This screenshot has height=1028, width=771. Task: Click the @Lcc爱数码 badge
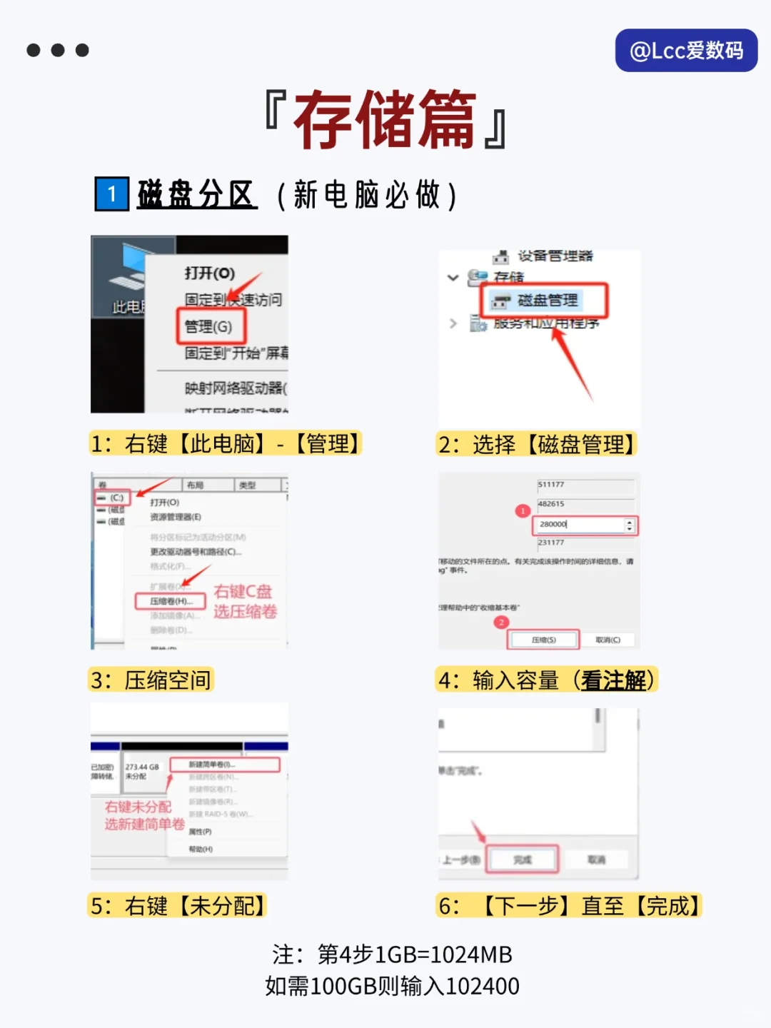pos(686,50)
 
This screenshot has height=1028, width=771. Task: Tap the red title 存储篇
pos(385,119)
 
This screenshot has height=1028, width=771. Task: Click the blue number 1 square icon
pos(111,194)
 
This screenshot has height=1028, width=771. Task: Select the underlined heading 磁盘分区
pos(196,194)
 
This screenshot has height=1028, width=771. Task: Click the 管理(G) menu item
pos(209,326)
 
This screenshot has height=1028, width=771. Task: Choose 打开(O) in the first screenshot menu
pos(209,273)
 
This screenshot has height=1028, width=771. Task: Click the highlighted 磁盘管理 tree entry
pos(546,301)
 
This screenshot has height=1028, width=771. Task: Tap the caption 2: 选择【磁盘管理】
pos(535,444)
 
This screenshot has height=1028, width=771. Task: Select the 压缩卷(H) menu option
pos(171,601)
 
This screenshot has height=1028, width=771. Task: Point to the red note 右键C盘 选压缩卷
pos(245,601)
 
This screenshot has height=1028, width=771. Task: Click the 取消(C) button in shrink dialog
pos(608,640)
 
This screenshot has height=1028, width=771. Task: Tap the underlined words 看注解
pos(613,680)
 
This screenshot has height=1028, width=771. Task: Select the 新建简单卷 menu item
pos(224,765)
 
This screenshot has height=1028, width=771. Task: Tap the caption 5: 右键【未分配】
pos(177,906)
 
